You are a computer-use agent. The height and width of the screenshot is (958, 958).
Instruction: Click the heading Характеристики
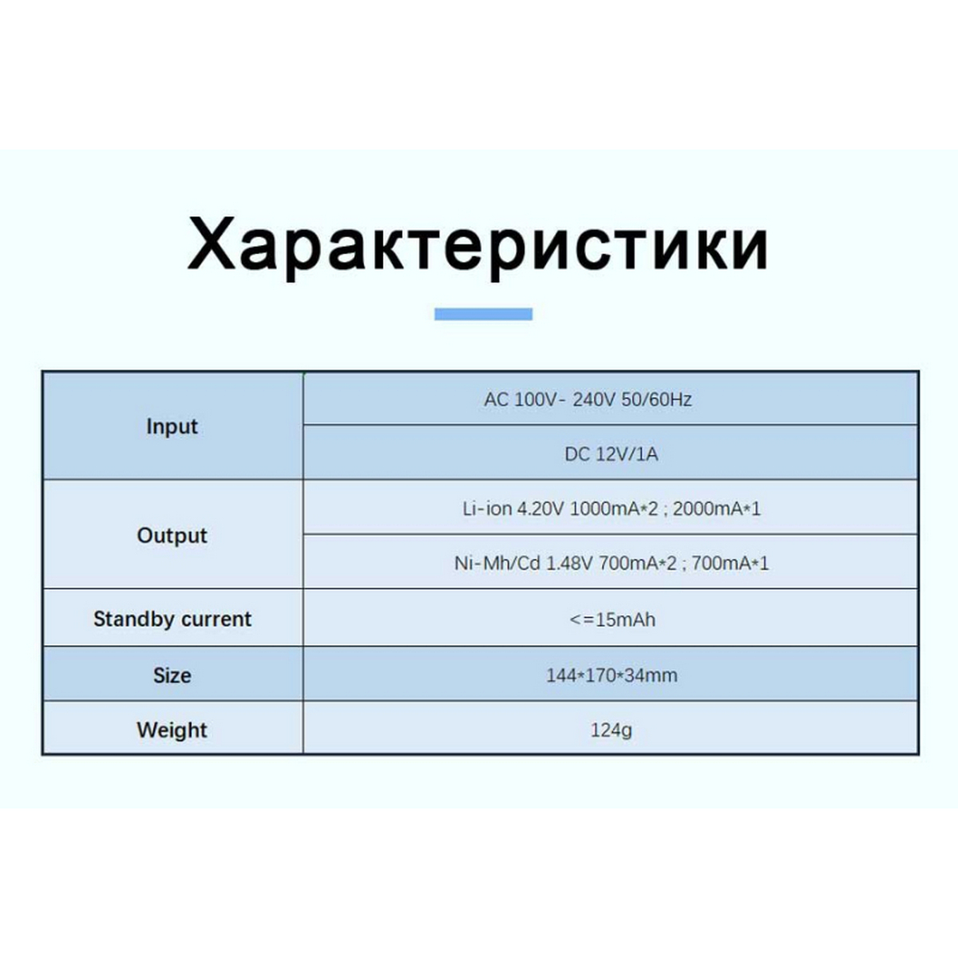coord(477,247)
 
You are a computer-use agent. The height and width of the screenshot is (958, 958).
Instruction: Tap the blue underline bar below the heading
coord(483,314)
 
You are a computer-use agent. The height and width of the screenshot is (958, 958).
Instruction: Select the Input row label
coord(172,427)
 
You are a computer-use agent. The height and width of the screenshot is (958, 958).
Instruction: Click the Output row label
coord(172,536)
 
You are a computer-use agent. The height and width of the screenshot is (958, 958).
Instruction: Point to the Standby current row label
coord(172,619)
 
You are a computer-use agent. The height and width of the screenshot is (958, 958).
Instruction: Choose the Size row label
coord(172,675)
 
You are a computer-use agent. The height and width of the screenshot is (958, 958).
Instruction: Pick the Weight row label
coord(172,730)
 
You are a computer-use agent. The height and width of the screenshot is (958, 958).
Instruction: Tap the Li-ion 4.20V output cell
coord(611,509)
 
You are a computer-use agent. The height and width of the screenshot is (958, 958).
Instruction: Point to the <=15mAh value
coord(612,620)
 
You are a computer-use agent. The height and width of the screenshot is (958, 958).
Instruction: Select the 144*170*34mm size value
coord(611,675)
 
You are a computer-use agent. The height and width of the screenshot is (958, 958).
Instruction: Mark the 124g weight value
coord(611,730)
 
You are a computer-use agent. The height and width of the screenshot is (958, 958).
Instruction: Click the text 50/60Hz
coord(656,399)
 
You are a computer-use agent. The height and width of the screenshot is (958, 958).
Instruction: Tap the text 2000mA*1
coord(716,509)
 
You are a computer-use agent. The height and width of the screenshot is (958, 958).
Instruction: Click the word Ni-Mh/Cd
coord(497,564)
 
